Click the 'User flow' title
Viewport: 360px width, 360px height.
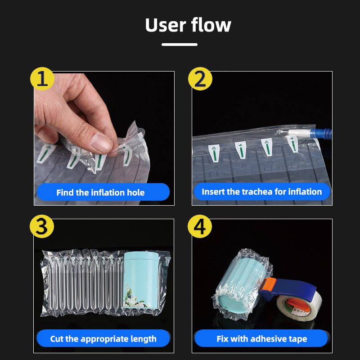pyautogui.click(x=188, y=25)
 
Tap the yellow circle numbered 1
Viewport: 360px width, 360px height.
pyautogui.click(x=42, y=79)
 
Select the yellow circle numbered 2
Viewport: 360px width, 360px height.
pyautogui.click(x=200, y=79)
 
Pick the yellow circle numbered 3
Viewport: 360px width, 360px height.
pyautogui.click(x=42, y=226)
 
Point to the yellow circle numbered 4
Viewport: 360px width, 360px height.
pyautogui.click(x=200, y=226)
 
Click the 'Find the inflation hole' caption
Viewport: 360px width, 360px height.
pyautogui.click(x=100, y=193)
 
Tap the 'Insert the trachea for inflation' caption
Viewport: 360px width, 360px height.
pyautogui.click(x=262, y=192)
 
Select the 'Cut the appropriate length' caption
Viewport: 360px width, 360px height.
pyautogui.click(x=103, y=339)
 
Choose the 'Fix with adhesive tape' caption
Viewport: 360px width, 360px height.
pyautogui.click(x=262, y=339)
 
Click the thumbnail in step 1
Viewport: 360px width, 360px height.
pyautogui.click(x=101, y=143)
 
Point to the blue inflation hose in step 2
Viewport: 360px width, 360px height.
pyautogui.click(x=321, y=133)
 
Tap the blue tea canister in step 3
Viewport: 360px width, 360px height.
pyautogui.click(x=141, y=280)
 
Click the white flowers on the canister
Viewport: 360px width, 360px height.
pyautogui.click(x=135, y=297)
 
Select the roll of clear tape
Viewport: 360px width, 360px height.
pyautogui.click(x=298, y=308)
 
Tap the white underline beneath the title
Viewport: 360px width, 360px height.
pyautogui.click(x=180, y=45)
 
